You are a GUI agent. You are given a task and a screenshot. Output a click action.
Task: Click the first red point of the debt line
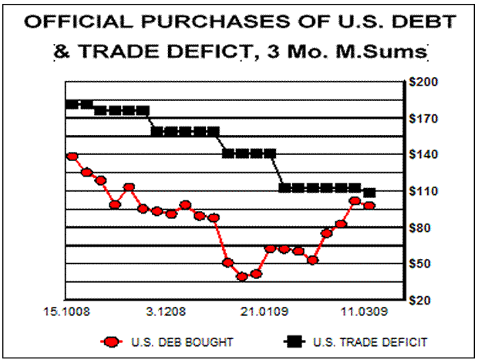72,156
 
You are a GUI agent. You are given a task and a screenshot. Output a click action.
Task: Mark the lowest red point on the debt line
242,276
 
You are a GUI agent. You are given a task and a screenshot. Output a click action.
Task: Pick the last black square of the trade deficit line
369,192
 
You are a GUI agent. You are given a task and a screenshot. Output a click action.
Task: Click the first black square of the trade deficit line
72,104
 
